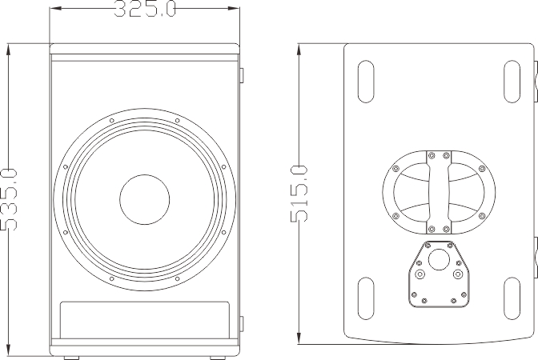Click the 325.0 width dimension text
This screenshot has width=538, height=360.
[x=144, y=10]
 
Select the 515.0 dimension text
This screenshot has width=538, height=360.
[x=298, y=194]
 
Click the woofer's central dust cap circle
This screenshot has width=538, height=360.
[x=145, y=201]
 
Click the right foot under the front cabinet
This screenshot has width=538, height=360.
[x=219, y=358]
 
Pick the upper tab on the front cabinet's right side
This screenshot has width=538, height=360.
[x=243, y=74]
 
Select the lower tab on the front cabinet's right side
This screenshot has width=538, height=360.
[x=243, y=325]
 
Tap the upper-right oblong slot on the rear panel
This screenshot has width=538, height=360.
[x=513, y=81]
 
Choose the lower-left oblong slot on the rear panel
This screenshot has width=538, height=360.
[x=364, y=298]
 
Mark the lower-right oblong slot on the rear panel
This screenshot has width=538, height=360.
[x=513, y=298]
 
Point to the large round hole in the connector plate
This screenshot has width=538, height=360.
[x=439, y=261]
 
